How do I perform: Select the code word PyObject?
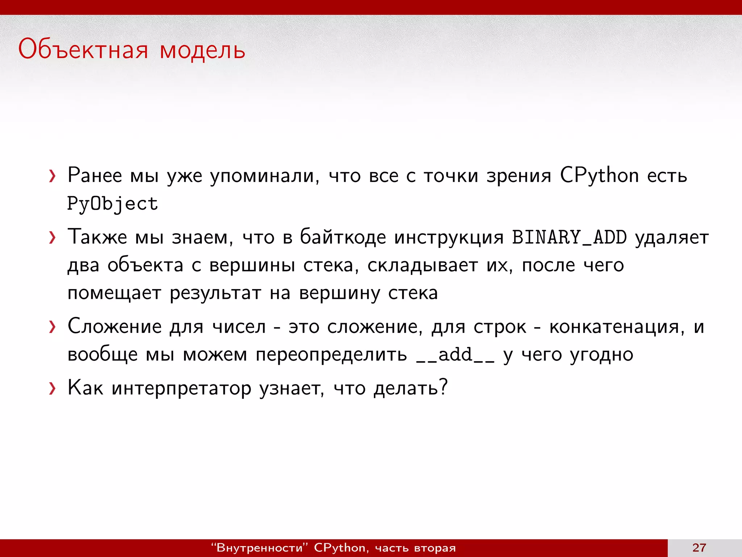coord(113,204)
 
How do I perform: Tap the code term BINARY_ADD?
coord(569,238)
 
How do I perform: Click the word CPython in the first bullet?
coord(599,176)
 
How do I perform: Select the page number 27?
coord(699,548)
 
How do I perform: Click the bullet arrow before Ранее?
coord(53,176)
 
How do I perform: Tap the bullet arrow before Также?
coord(53,238)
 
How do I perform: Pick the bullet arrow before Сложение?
coord(53,327)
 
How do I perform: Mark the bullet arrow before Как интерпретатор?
coord(53,389)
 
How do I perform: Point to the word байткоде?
coord(343,238)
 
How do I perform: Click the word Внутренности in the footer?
coord(259,548)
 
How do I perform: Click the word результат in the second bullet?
coord(215,293)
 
